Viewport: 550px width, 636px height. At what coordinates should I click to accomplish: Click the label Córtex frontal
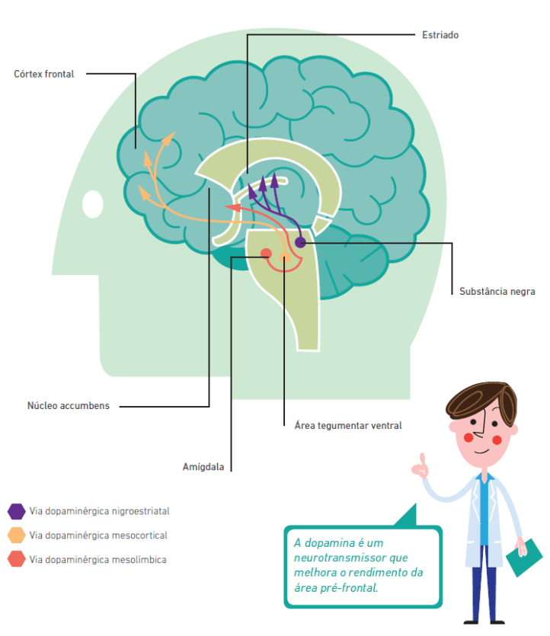(x=44, y=74)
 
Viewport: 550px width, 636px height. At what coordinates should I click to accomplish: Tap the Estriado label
(x=440, y=35)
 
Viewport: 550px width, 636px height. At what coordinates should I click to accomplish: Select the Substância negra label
(x=497, y=291)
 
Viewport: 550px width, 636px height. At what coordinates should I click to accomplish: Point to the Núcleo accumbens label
(x=69, y=406)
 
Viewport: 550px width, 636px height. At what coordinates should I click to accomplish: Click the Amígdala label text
(x=203, y=467)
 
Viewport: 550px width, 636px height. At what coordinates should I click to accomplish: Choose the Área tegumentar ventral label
(x=347, y=425)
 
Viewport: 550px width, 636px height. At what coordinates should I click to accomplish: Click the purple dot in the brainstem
(x=300, y=242)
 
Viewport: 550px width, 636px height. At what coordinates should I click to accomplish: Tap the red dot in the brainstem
(x=266, y=253)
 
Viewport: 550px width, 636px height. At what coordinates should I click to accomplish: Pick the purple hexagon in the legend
(x=16, y=511)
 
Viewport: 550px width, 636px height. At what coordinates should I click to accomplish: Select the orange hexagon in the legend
(x=16, y=535)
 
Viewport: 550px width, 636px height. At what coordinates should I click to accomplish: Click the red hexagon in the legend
(x=16, y=560)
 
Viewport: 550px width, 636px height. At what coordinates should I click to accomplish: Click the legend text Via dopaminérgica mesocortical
(x=98, y=535)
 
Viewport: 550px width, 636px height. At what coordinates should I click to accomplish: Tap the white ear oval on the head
(x=93, y=203)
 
